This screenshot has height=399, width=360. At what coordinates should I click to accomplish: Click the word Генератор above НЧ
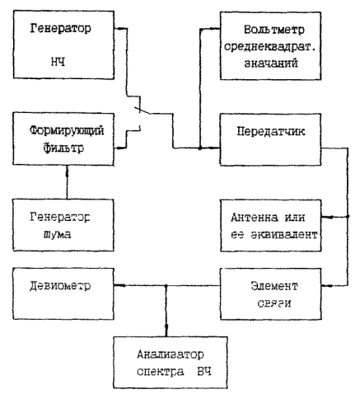pyautogui.click(x=60, y=29)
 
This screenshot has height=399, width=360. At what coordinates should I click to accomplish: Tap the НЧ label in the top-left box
pyautogui.click(x=58, y=62)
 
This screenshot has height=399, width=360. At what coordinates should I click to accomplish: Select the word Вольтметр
pyautogui.click(x=274, y=30)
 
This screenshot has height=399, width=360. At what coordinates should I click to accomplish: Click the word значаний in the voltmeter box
pyautogui.click(x=271, y=63)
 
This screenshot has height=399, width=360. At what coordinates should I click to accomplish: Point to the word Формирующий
pyautogui.click(x=67, y=130)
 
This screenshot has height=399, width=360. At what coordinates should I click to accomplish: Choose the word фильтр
pyautogui.click(x=63, y=148)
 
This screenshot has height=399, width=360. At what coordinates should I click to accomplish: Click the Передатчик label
pyautogui.click(x=271, y=131)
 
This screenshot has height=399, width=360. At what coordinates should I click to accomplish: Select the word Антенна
pyautogui.click(x=254, y=218)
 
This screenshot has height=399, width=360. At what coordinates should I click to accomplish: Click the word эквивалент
pyautogui.click(x=284, y=235)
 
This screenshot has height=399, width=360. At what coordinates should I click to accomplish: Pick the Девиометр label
pyautogui.click(x=60, y=286)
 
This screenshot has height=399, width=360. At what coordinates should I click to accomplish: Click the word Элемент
pyautogui.click(x=274, y=286)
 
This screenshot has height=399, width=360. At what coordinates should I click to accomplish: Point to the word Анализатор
pyautogui.click(x=171, y=354)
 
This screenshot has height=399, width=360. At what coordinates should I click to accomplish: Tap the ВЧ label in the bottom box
pyautogui.click(x=204, y=372)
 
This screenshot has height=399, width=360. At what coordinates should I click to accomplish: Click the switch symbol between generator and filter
pyautogui.click(x=142, y=110)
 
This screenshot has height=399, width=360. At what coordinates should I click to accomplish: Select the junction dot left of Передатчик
pyautogui.click(x=200, y=148)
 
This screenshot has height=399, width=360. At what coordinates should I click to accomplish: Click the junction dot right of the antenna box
pyautogui.click(x=348, y=217)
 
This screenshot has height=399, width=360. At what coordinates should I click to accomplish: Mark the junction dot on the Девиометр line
pyautogui.click(x=166, y=286)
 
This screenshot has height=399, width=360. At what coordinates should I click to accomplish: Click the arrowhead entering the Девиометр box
pyautogui.click(x=119, y=286)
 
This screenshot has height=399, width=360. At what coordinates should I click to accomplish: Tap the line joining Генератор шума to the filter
pyautogui.click(x=67, y=182)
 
